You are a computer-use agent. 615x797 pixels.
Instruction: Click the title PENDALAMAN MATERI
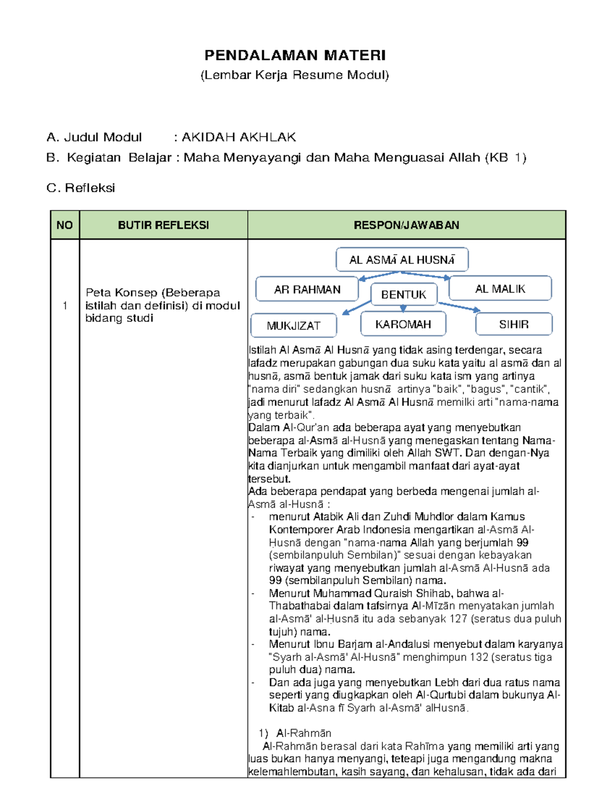pyautogui.click(x=295, y=55)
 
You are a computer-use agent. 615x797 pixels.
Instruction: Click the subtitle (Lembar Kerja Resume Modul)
pyautogui.click(x=295, y=75)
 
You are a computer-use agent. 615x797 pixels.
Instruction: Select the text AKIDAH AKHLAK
pyautogui.click(x=239, y=137)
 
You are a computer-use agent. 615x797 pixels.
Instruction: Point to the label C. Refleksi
pyautogui.click(x=80, y=188)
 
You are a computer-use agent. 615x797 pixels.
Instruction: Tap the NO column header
pyautogui.click(x=65, y=225)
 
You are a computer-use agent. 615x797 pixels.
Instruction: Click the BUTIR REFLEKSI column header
pyautogui.click(x=163, y=225)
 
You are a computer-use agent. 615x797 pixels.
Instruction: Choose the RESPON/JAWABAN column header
pyautogui.click(x=406, y=225)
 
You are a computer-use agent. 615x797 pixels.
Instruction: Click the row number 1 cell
pyautogui.click(x=65, y=306)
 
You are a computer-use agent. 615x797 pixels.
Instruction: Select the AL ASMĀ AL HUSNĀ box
pyautogui.click(x=402, y=260)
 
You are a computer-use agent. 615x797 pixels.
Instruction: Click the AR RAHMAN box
pyautogui.click(x=307, y=289)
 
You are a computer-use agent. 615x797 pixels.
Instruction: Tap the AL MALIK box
pyautogui.click(x=500, y=289)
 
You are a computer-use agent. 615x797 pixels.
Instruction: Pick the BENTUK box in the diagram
pyautogui.click(x=403, y=295)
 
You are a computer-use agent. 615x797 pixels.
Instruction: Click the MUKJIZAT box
pyautogui.click(x=293, y=325)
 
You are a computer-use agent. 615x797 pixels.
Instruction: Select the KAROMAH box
pyautogui.click(x=403, y=324)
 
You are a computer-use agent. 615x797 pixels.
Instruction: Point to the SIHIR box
pyautogui.click(x=514, y=324)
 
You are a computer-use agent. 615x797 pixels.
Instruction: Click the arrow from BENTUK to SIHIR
pyautogui.click(x=459, y=306)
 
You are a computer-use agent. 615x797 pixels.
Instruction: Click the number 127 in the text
pyautogui.click(x=458, y=619)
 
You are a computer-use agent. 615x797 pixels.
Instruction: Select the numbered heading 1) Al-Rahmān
pyautogui.click(x=295, y=733)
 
